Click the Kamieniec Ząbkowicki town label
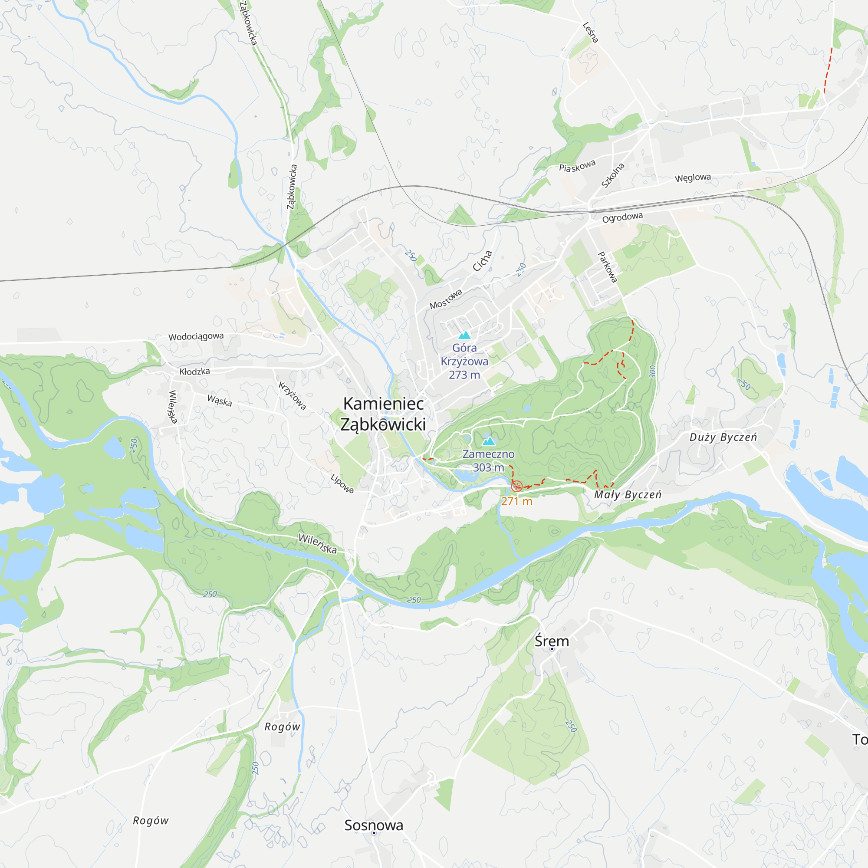click(x=383, y=414)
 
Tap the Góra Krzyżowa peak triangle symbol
click(x=464, y=335)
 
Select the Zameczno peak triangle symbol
click(x=488, y=441)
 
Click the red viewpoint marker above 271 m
click(x=516, y=486)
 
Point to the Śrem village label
click(x=552, y=641)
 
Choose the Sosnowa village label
click(x=374, y=825)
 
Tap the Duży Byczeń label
click(x=723, y=437)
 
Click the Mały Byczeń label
click(x=628, y=495)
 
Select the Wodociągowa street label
click(x=196, y=336)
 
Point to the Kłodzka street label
click(x=194, y=372)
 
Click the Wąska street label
click(x=220, y=400)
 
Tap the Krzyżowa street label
click(x=293, y=396)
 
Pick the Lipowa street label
click(x=342, y=483)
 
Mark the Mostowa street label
click(x=446, y=299)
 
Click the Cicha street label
click(x=483, y=260)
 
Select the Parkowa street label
click(x=608, y=267)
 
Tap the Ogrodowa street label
click(x=622, y=218)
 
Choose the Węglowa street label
click(x=693, y=178)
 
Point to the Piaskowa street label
click(x=577, y=166)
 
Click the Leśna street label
click(x=591, y=33)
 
